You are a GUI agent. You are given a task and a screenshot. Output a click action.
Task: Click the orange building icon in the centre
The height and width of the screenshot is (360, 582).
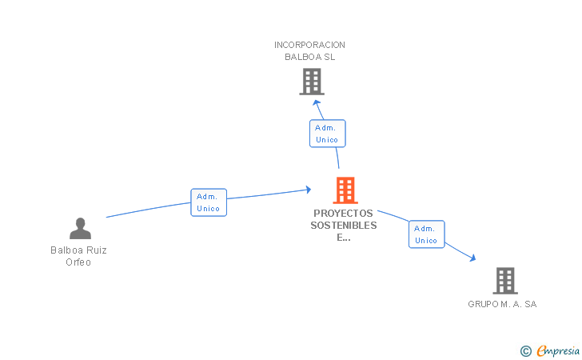pyautogui.click(x=345, y=190)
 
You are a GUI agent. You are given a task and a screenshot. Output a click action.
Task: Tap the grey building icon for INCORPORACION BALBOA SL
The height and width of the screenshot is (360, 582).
pyautogui.click(x=312, y=82)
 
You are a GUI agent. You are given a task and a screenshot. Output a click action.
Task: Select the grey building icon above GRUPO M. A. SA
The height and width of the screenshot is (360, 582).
pyautogui.click(x=505, y=281)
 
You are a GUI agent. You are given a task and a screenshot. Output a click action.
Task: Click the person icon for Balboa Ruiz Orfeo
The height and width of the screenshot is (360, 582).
pyautogui.click(x=80, y=228)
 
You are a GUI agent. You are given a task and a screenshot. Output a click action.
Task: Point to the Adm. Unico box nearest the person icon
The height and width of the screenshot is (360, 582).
pyautogui.click(x=209, y=202)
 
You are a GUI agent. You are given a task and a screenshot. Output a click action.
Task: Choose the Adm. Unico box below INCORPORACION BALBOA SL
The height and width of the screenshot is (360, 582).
pyautogui.click(x=328, y=134)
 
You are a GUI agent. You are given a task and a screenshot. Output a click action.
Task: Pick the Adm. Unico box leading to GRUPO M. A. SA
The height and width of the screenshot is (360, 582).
pyautogui.click(x=426, y=234)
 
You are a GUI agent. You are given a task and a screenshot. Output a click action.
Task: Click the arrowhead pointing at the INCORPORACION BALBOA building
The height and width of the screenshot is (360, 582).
pyautogui.click(x=317, y=103)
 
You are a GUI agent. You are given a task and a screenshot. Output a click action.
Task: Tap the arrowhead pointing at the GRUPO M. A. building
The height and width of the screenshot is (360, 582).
pyautogui.click(x=472, y=258)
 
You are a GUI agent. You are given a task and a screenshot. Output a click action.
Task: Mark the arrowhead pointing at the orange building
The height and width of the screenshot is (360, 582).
pyautogui.click(x=308, y=190)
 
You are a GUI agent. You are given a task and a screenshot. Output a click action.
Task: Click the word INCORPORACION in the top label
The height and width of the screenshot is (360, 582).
pyautogui.click(x=309, y=45)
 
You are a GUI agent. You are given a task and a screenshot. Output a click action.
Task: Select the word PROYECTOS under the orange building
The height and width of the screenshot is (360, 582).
pyautogui.click(x=343, y=214)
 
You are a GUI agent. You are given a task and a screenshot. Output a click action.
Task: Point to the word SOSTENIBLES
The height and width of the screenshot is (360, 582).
pyautogui.click(x=344, y=225)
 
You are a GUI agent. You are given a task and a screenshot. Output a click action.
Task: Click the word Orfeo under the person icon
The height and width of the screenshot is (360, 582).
pyautogui.click(x=78, y=262)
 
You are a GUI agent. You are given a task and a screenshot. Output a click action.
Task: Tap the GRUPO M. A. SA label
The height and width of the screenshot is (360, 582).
pyautogui.click(x=502, y=304)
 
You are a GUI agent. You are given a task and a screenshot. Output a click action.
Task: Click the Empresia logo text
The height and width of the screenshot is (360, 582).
pyautogui.click(x=558, y=350)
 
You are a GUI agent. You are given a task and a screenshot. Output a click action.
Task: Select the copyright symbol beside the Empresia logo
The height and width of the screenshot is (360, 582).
pyautogui.click(x=526, y=351)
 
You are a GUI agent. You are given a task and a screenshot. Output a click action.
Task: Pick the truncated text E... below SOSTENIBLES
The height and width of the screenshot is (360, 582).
pyautogui.click(x=344, y=238)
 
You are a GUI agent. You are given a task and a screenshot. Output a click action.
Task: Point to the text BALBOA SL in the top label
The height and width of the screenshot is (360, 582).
pyautogui.click(x=310, y=57)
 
